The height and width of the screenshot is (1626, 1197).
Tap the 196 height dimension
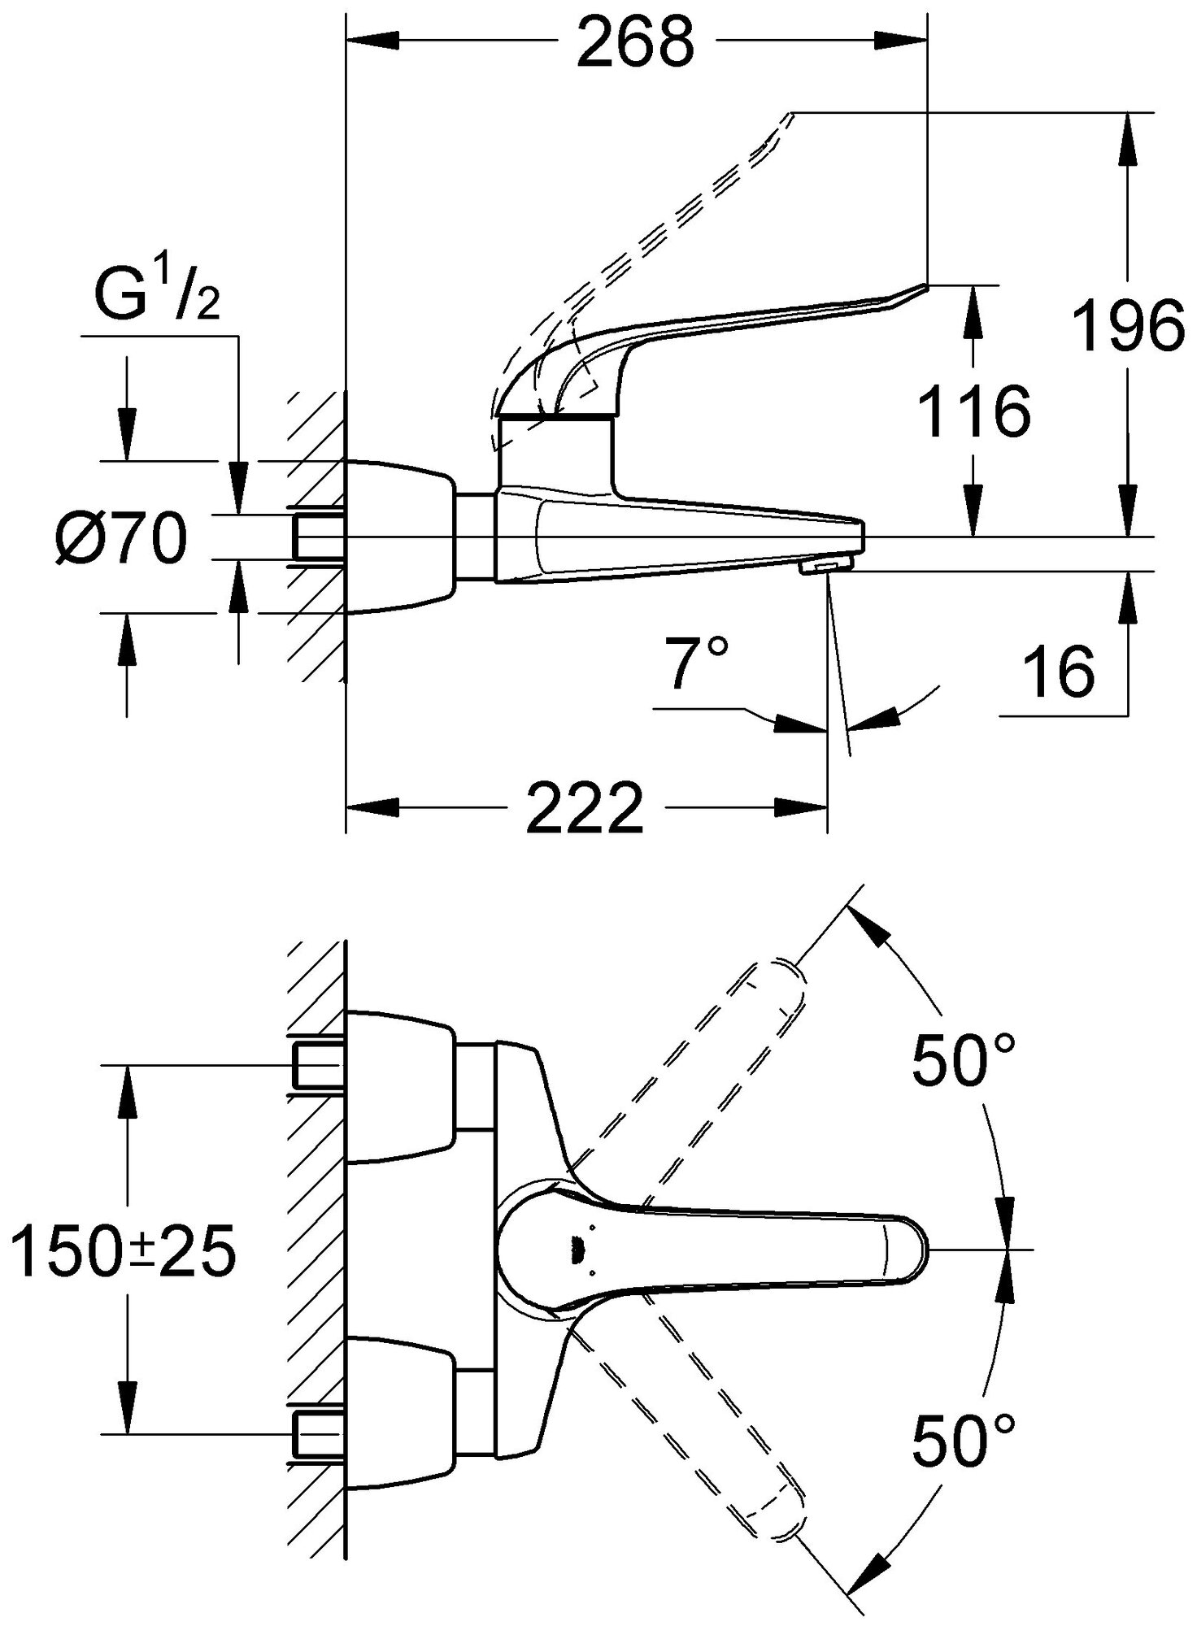click(x=1127, y=324)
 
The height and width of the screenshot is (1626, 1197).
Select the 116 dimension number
click(x=974, y=411)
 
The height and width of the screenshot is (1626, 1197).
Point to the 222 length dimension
click(x=584, y=807)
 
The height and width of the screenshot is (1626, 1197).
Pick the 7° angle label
click(x=695, y=663)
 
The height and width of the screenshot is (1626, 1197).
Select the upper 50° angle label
click(x=964, y=1060)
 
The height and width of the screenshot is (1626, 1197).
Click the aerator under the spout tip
click(x=825, y=567)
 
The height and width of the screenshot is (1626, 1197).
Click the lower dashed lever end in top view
click(x=777, y=1512)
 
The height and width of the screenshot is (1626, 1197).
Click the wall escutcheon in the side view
click(x=398, y=537)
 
